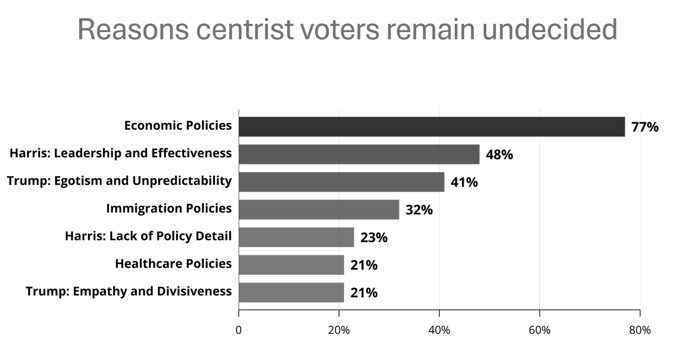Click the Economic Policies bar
tap(431, 127)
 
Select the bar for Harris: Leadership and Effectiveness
tap(359, 155)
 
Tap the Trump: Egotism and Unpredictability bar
tap(341, 182)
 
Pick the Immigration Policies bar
tap(318, 210)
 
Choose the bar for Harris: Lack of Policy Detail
tap(296, 238)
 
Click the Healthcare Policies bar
tap(291, 265)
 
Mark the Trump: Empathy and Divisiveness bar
tap(291, 292)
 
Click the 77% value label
tap(645, 127)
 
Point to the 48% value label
tap(499, 155)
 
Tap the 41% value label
tap(464, 182)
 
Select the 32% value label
tap(419, 210)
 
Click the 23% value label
tap(374, 238)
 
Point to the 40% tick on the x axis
tap(439, 330)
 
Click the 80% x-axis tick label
tap(640, 330)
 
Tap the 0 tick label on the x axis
tap(239, 330)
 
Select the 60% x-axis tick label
tap(540, 330)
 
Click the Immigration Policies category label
tap(169, 209)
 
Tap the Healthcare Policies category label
tap(173, 264)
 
